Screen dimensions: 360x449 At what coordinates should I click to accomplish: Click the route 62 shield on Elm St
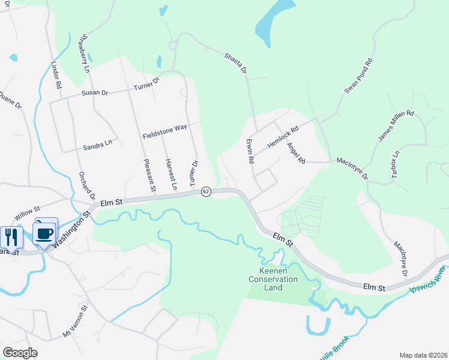coord(206,191)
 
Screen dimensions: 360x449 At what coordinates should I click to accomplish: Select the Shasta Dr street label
coord(235,62)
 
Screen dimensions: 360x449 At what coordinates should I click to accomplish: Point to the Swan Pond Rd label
coord(359,76)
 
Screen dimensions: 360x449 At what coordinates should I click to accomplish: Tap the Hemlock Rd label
coord(283,137)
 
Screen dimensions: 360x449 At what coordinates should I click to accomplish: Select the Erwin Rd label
coord(250,151)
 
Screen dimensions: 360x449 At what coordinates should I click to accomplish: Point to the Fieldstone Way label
coord(165,131)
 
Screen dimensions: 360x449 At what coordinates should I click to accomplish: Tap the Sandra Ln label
coord(98,145)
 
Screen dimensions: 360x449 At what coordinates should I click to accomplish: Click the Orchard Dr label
coord(87,186)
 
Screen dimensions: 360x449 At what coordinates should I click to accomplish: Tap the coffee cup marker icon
coord(44,233)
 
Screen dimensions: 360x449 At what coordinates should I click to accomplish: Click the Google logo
coord(20,353)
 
